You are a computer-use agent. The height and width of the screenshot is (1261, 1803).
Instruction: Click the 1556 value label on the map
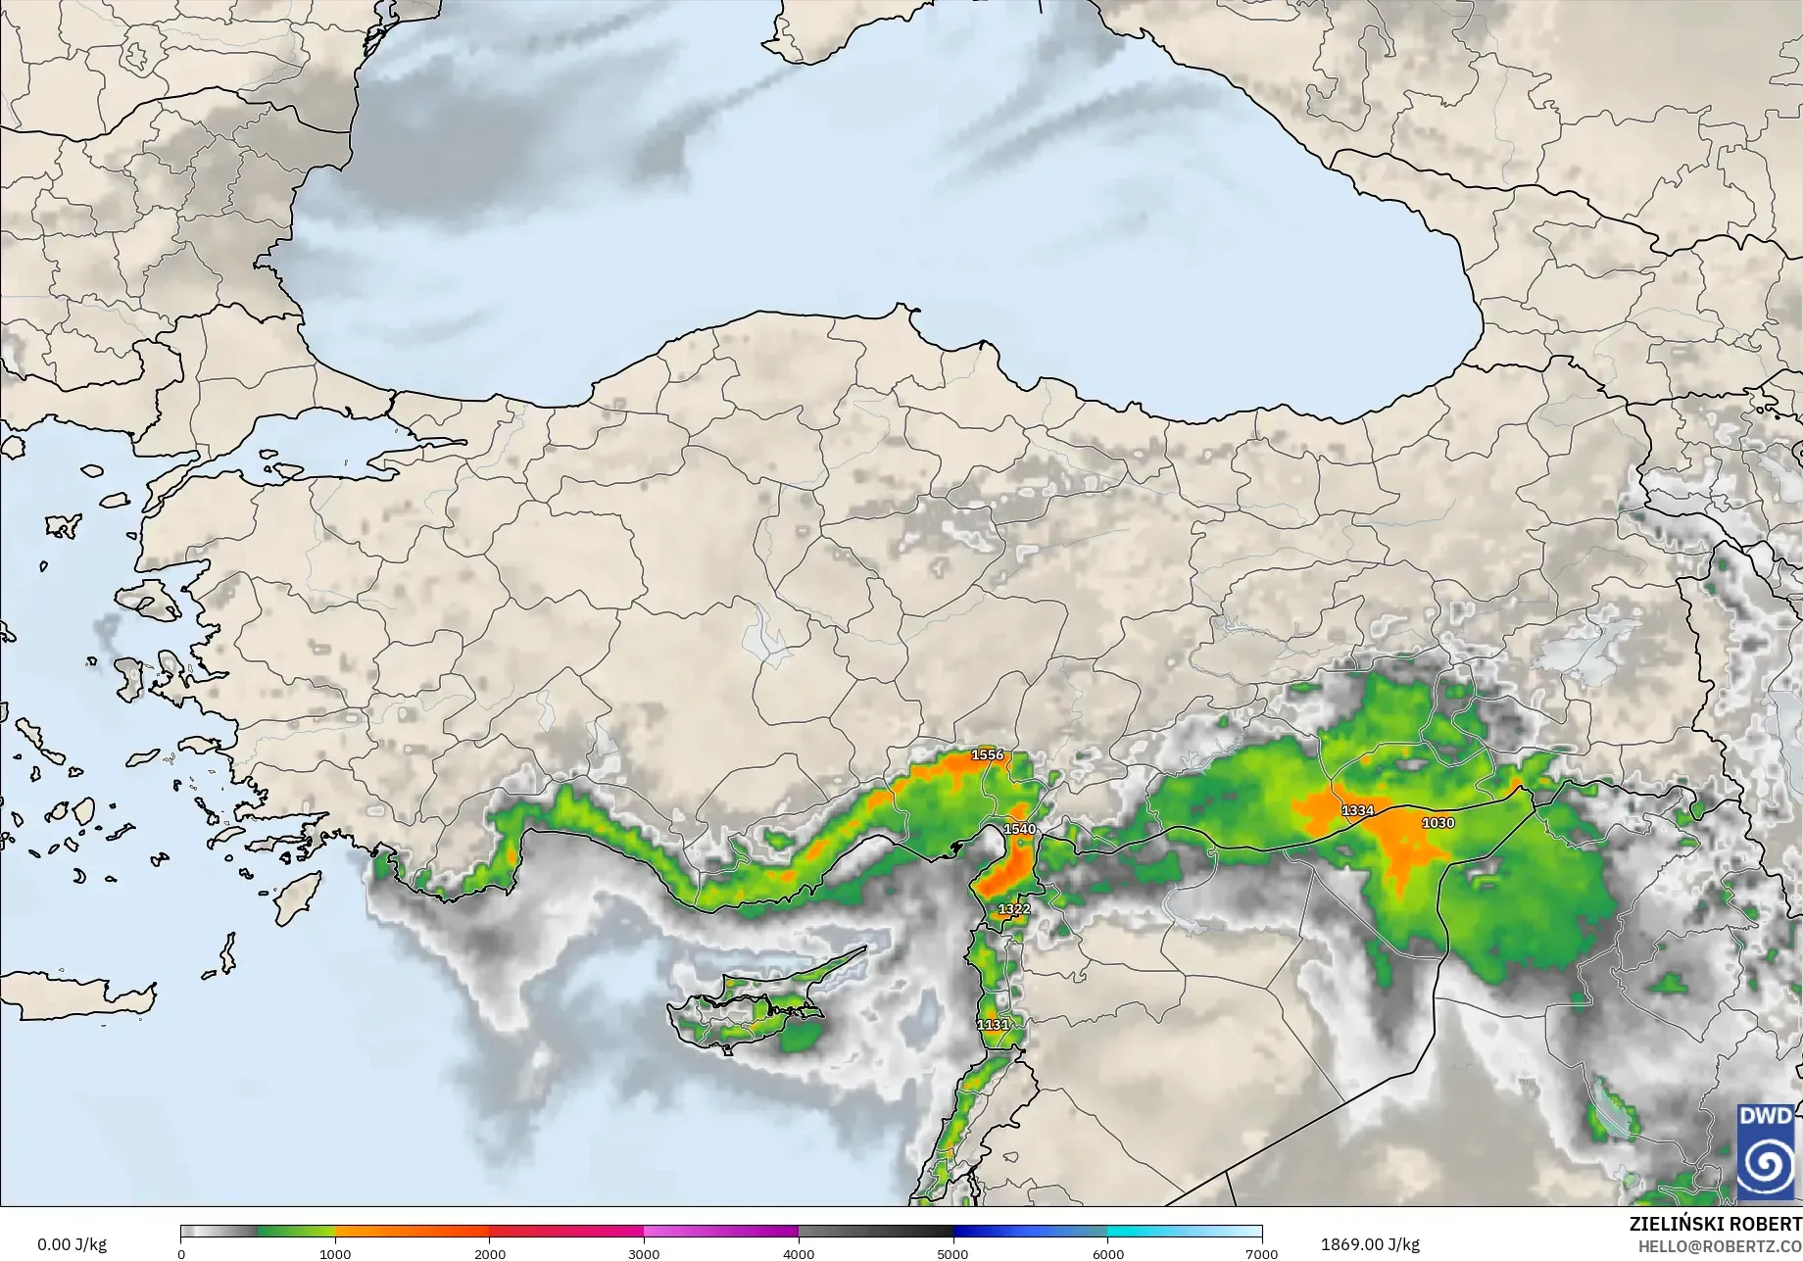coord(988,754)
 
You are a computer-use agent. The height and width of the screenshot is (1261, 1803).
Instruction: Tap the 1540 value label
coord(1019,829)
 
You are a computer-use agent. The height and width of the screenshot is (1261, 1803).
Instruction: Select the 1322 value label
coord(1014,909)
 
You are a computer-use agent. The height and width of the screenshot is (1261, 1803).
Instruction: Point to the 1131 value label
coord(993,1025)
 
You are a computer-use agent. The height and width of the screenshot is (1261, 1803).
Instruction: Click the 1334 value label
coord(1358,810)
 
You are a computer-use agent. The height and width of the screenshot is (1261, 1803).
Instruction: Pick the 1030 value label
coord(1438,823)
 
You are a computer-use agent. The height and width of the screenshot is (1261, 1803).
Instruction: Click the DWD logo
coord(1765,1152)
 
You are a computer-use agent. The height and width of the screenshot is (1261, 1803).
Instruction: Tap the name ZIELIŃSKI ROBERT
coord(1715,1224)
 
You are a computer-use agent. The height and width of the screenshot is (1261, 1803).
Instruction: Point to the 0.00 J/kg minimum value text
coord(72,1244)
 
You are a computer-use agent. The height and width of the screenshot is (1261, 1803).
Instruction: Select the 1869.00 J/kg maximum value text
coord(1370,1244)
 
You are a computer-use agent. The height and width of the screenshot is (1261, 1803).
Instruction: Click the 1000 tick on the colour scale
coord(335,1253)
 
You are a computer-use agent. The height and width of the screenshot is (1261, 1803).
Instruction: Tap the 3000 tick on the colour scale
coord(644,1253)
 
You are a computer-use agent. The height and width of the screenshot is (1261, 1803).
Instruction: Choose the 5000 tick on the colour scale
coord(952,1253)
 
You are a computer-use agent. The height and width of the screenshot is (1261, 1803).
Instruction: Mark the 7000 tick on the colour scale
coord(1261,1253)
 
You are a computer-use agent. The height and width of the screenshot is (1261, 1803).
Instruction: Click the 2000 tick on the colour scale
coord(490,1253)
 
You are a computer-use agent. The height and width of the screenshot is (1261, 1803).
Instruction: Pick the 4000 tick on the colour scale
coord(799,1253)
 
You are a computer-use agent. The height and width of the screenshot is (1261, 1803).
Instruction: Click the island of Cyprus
coord(755,1009)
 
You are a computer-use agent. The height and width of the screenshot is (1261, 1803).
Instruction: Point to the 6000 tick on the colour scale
coord(1107,1253)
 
